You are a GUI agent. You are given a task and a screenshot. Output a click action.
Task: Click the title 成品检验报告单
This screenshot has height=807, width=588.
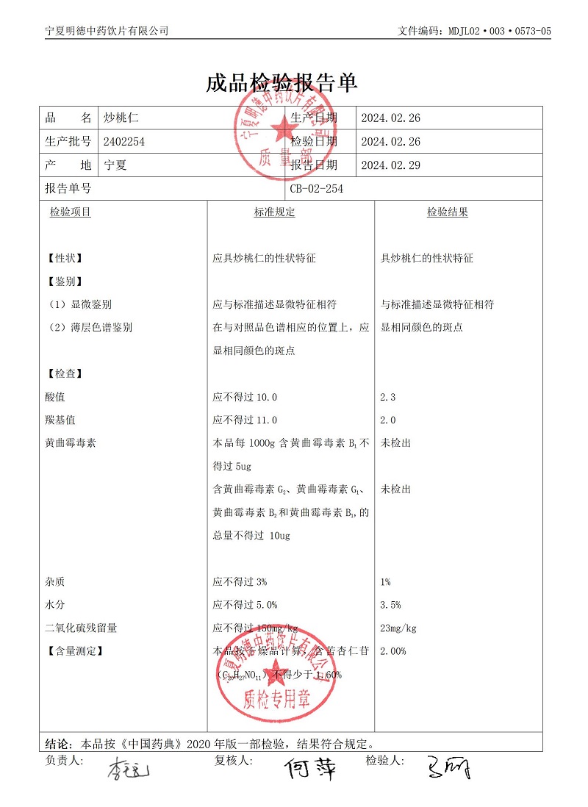282,83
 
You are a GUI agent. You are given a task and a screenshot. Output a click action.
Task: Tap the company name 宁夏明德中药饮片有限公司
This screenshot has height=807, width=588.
107,31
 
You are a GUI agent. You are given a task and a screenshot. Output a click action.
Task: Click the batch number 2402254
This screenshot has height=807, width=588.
124,141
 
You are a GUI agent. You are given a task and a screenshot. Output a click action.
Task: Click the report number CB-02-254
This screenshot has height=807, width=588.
316,189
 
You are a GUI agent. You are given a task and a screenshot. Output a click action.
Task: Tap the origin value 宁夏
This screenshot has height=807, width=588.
115,165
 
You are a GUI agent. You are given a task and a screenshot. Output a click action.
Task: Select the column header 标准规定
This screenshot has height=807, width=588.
274,212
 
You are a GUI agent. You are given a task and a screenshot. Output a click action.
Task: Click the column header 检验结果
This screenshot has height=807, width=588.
448,212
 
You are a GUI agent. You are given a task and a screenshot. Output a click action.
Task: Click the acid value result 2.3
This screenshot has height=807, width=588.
388,397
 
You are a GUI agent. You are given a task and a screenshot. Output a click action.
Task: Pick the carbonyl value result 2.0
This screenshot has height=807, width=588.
388,420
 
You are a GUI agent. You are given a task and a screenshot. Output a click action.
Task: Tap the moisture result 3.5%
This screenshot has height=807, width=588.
390,605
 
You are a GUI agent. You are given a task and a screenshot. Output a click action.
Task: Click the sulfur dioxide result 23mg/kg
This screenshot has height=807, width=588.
398,628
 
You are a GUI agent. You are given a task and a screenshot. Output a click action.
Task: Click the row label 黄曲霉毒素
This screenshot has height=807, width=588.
71,443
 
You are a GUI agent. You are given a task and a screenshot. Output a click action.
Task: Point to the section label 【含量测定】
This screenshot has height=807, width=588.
74,651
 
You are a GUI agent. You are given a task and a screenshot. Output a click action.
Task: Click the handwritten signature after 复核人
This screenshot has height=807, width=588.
310,769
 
